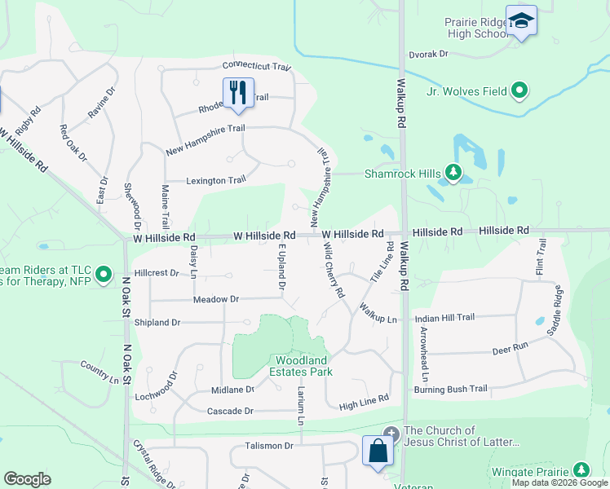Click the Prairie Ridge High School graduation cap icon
[x=521, y=21]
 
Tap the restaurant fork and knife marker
[x=237, y=93]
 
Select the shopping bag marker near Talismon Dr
[x=378, y=451]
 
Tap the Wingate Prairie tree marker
[x=581, y=470]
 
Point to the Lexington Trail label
[x=215, y=180]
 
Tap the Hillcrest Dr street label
[x=156, y=273]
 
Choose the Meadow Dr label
[x=215, y=299]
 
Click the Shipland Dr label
[x=157, y=323]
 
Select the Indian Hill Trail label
[x=444, y=317]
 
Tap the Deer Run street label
[x=511, y=350]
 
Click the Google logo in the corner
[x=27, y=478]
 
